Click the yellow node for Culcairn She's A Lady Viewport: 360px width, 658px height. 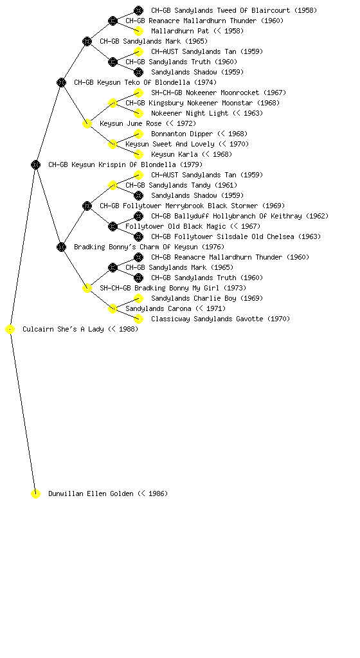pyautogui.click(x=10, y=330)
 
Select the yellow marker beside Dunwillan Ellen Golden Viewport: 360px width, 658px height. pyautogui.click(x=35, y=494)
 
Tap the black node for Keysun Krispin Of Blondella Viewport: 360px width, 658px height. pyautogui.click(x=35, y=165)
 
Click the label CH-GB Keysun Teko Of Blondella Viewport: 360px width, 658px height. pyautogui.click(x=145, y=82)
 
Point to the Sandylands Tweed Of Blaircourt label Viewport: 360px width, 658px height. pyautogui.click(x=234, y=10)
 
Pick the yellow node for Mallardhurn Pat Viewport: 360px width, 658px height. pyautogui.click(x=138, y=31)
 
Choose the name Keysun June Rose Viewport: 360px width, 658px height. pyautogui.click(x=130, y=123)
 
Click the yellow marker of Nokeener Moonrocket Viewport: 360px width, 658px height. pyautogui.click(x=138, y=93)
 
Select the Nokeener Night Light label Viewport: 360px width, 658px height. pyautogui.click(x=190, y=113)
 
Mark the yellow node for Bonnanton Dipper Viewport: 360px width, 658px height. pyautogui.click(x=138, y=134)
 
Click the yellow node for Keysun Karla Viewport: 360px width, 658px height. pyautogui.click(x=138, y=154)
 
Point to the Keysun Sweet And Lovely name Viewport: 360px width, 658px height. pyautogui.click(x=170, y=144)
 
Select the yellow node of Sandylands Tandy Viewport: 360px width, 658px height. pyautogui.click(x=113, y=186)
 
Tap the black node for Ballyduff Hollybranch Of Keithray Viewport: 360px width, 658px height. pyautogui.click(x=138, y=216)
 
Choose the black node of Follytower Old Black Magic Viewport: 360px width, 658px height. pyautogui.click(x=113, y=227)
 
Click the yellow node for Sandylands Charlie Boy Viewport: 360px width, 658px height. pyautogui.click(x=138, y=298)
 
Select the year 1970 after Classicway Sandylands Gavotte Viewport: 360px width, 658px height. pyautogui.click(x=278, y=319)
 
